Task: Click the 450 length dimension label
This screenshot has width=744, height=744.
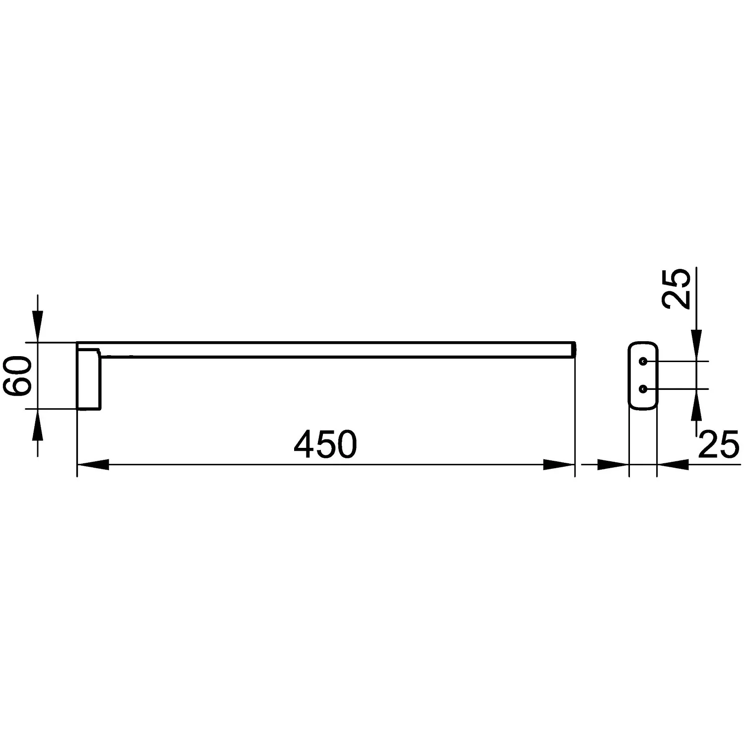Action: [325, 444]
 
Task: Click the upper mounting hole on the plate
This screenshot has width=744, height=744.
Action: [643, 362]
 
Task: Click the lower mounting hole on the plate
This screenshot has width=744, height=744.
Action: [643, 389]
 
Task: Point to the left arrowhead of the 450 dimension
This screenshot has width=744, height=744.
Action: [93, 465]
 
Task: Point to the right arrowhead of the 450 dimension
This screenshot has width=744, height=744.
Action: [559, 465]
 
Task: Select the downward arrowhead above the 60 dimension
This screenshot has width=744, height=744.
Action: [38, 326]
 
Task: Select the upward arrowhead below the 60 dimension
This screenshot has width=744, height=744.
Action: [38, 425]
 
